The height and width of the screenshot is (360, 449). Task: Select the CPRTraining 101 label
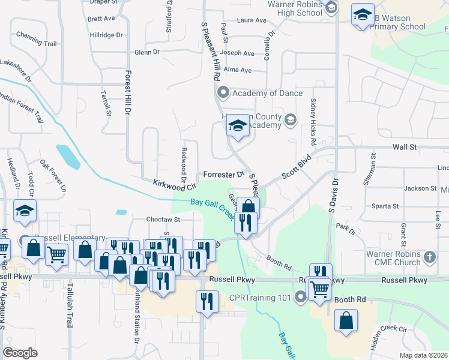[259, 298]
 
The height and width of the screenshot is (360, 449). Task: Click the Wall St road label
[404, 147]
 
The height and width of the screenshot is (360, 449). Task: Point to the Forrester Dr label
[223, 175]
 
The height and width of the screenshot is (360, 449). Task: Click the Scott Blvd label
[298, 169]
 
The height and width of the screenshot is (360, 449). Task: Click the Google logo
[20, 352]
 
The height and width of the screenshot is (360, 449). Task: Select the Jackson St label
[420, 188]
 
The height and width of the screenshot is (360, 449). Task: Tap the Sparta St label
[385, 206]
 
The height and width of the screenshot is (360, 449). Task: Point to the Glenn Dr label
[147, 52]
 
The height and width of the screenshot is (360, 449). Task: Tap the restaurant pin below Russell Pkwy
[207, 301]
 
